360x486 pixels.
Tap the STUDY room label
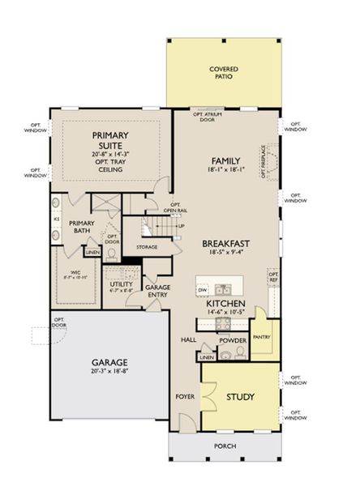pos(241,398)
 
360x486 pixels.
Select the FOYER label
pos(183,397)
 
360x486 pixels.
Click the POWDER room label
pos(233,342)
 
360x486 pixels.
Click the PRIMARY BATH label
pos(82,228)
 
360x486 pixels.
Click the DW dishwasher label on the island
pos(203,288)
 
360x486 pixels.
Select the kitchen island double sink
pos(221,289)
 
